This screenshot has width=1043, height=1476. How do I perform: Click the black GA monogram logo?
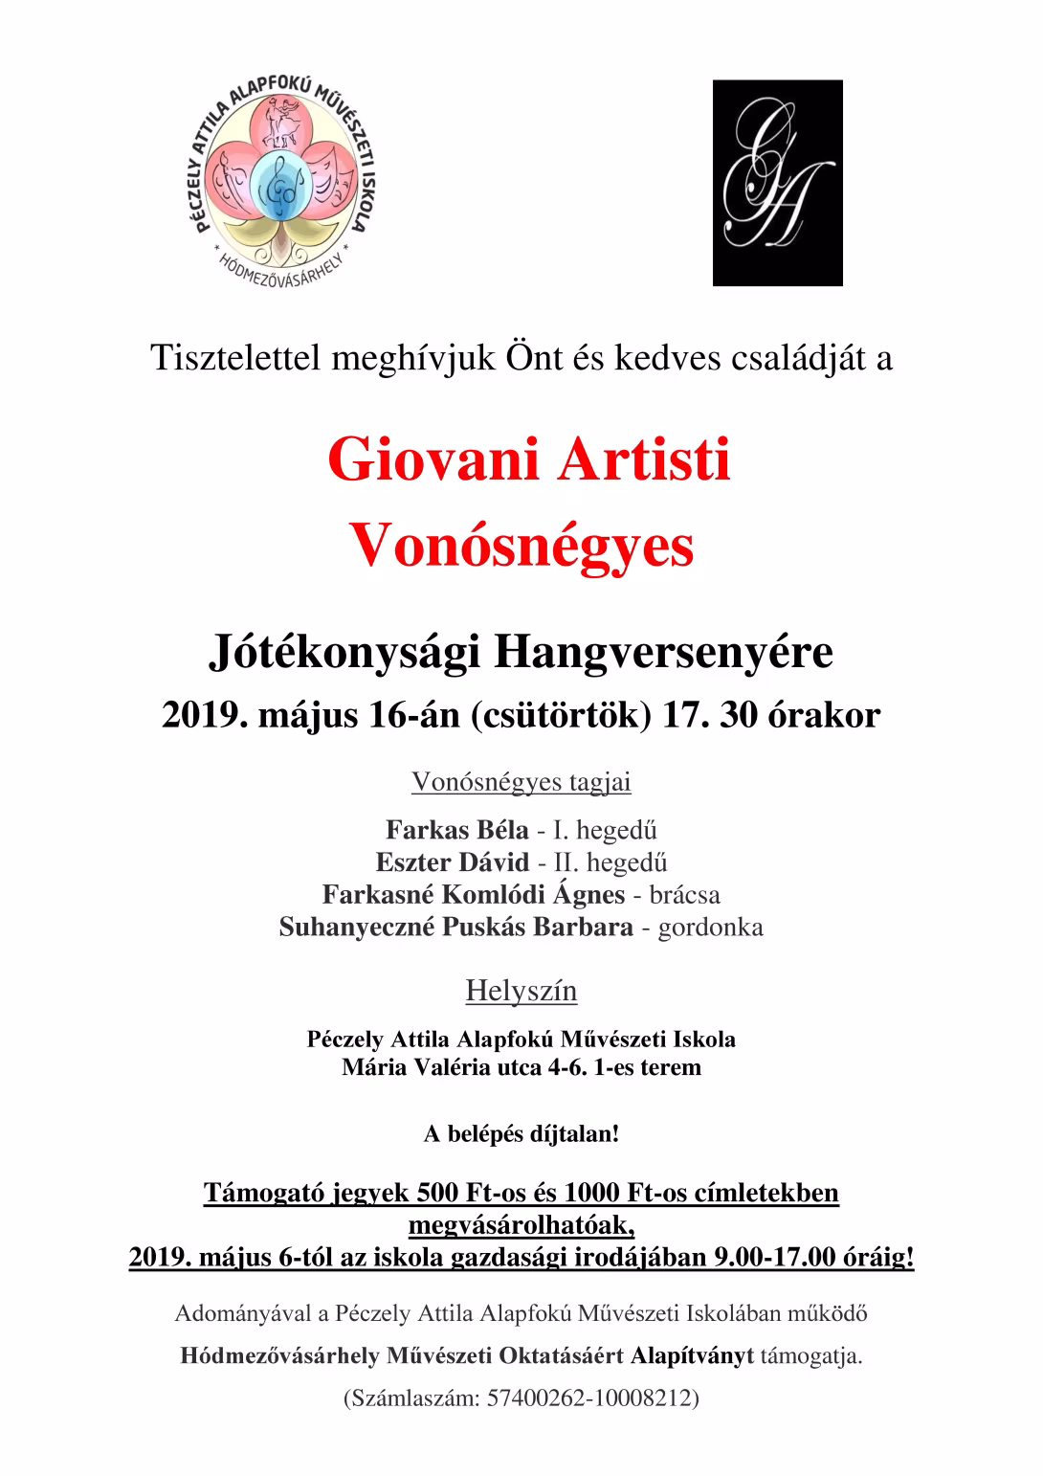777,183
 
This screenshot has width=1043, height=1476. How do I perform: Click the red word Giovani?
435,460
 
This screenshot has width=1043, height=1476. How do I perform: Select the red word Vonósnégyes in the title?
521,547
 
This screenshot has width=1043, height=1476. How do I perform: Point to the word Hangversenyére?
663,654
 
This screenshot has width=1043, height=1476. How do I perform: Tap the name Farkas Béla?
456,830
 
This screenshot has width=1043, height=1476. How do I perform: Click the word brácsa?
684,895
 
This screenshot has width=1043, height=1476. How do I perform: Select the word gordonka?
710,928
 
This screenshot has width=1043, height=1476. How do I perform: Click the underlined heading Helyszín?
521,991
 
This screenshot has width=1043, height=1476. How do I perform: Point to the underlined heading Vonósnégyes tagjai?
521,782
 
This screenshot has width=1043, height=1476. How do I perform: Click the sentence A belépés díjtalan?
521,1134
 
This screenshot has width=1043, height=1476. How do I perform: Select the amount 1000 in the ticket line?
591,1193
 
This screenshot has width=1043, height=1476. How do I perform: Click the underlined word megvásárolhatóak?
521,1225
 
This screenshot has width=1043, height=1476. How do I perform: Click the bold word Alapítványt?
692,1356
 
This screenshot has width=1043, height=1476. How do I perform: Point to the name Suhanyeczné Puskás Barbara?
455,928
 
